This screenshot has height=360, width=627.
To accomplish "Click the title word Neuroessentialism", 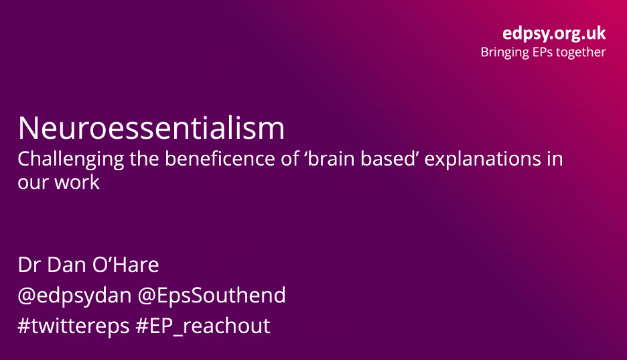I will point(151,127).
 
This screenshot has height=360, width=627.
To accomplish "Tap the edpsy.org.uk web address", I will point(554,34).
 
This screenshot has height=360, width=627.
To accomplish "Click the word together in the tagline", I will point(580,52).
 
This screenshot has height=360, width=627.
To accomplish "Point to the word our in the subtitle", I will point(31,182).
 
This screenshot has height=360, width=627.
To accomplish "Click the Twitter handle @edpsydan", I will point(72,295).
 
